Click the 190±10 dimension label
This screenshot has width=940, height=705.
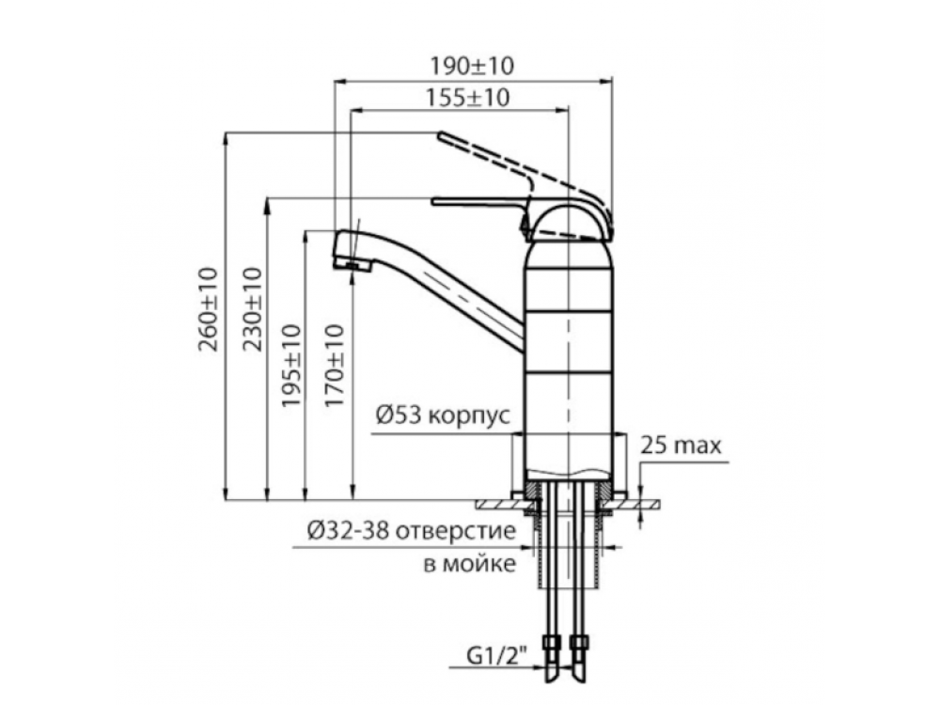pos(472,66)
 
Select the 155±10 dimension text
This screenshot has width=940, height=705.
pos(467,98)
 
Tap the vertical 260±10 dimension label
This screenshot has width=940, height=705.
pos(208,309)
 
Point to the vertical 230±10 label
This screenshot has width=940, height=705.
pos(252,309)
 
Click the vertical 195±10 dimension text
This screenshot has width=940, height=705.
pos(291,366)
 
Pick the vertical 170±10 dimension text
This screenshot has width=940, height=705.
pos(335,366)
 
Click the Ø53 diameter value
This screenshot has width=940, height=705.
pos(399,415)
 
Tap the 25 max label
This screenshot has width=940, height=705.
pos(681,446)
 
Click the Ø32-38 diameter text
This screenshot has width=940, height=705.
pos(349,530)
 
